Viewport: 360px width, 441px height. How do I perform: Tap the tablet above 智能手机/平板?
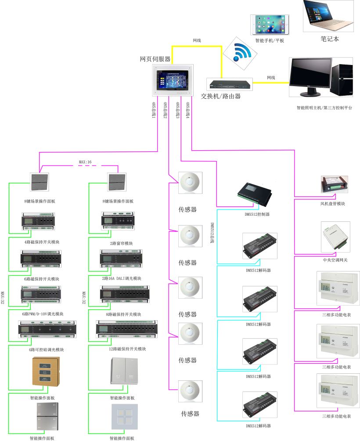[270, 25]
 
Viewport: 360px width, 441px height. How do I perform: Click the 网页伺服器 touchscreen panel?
[173, 80]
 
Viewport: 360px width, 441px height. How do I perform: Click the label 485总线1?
[154, 111]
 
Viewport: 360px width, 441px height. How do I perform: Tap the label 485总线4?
[188, 111]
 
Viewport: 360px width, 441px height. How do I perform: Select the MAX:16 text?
[86, 163]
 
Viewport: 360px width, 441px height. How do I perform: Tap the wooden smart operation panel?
[46, 372]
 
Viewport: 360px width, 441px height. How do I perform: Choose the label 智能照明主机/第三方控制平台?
[324, 108]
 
